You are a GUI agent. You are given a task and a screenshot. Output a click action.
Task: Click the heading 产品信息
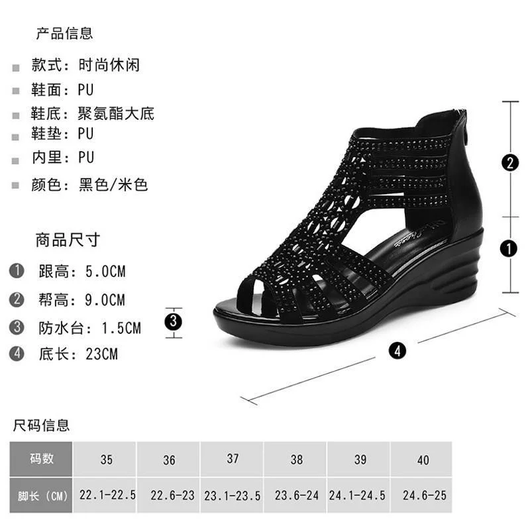click(64, 32)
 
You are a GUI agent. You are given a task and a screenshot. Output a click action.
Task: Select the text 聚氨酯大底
click(116, 113)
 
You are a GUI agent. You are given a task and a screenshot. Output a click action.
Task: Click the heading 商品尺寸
click(68, 240)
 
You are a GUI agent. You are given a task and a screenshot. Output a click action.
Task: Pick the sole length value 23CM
click(101, 354)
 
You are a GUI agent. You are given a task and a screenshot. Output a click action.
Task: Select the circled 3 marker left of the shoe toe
click(174, 323)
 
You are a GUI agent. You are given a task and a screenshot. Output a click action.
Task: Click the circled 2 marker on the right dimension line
click(509, 163)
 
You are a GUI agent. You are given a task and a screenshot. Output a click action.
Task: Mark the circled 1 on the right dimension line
click(509, 248)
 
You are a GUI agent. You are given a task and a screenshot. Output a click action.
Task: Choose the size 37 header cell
click(233, 458)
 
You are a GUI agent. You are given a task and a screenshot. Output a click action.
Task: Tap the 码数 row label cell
click(41, 458)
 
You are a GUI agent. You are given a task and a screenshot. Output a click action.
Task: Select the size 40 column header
click(423, 460)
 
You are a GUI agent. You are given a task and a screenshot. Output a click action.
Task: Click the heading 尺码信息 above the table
click(41, 425)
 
